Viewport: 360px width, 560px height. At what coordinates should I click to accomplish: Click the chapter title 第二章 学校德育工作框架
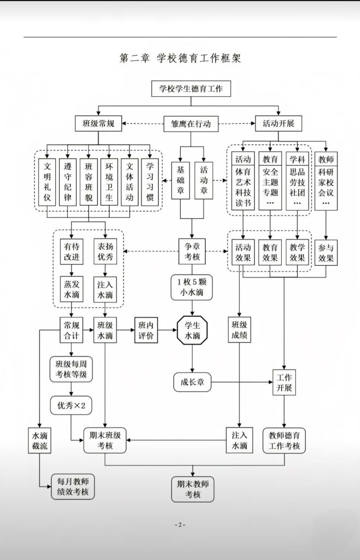point(180,58)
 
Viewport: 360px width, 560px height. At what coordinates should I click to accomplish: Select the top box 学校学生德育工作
point(191,89)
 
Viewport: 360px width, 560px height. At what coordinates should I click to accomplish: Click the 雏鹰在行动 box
point(191,124)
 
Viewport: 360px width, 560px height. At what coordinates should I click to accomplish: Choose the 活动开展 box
point(278,124)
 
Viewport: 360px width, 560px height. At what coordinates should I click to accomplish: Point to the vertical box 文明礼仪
point(48,182)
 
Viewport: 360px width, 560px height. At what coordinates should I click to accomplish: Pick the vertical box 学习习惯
point(150,182)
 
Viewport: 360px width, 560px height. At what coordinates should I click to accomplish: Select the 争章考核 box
point(191,252)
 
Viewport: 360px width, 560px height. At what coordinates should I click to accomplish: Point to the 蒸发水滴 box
point(71,290)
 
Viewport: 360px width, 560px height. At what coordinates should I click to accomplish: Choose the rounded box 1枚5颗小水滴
point(191,289)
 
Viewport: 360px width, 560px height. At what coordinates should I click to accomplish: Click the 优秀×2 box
point(71,405)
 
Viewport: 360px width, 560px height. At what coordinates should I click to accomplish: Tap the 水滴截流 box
point(40,442)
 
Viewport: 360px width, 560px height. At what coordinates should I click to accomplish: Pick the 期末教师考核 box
point(192,489)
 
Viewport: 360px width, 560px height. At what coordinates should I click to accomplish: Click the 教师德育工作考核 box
point(284,441)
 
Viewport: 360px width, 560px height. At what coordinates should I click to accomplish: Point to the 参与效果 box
point(326,252)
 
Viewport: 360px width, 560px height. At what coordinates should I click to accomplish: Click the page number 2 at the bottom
point(180,525)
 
